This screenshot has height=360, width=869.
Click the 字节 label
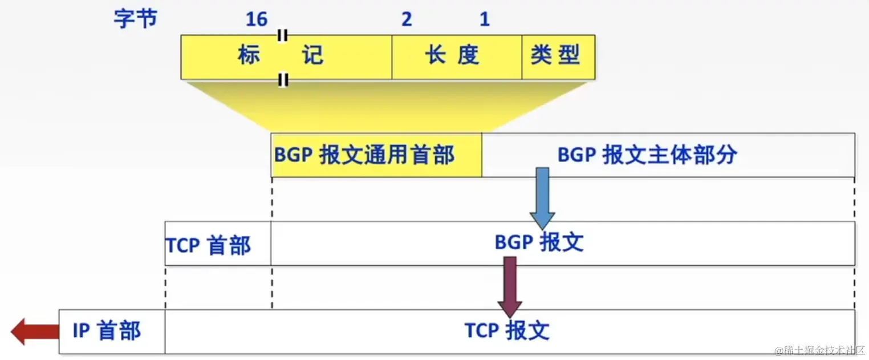click(x=135, y=19)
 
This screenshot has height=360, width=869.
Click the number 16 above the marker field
click(x=257, y=19)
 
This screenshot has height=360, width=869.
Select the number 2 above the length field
click(x=406, y=19)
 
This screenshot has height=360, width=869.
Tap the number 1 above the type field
click(x=484, y=19)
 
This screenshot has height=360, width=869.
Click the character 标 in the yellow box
click(x=249, y=56)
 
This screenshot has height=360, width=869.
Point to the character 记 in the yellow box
click(x=312, y=56)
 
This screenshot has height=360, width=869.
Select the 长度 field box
click(x=456, y=56)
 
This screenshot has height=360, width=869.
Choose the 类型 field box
click(x=558, y=56)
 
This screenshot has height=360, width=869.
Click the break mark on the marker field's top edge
click(x=282, y=35)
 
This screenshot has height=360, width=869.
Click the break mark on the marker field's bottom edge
click(x=282, y=79)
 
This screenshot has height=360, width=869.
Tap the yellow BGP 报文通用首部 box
click(x=376, y=155)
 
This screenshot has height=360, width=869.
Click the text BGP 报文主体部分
click(x=647, y=155)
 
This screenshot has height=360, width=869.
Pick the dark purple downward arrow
click(x=509, y=285)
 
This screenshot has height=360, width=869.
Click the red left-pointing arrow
click(x=34, y=331)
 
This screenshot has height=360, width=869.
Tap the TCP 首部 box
click(x=217, y=244)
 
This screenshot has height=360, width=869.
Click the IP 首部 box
click(x=112, y=331)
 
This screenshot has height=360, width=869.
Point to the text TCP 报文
click(x=506, y=331)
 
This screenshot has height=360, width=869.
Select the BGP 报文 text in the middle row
click(x=538, y=243)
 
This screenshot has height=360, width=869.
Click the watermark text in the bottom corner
click(x=819, y=350)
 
